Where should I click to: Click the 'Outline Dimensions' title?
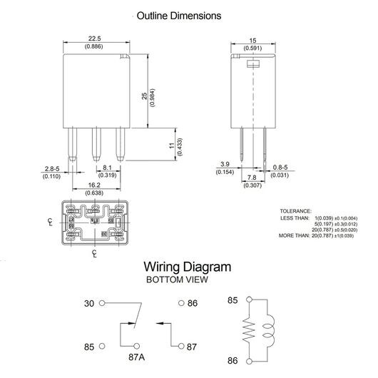click(179, 16)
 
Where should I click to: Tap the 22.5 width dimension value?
click(94, 39)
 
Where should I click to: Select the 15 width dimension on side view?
click(252, 41)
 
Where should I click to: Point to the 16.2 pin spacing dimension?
click(94, 185)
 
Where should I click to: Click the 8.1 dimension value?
click(107, 168)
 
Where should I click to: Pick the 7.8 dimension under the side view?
click(252, 178)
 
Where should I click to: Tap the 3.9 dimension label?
click(225, 164)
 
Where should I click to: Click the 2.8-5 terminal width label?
click(52, 168)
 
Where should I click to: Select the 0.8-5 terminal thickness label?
click(280, 167)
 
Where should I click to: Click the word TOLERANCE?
click(295, 211)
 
